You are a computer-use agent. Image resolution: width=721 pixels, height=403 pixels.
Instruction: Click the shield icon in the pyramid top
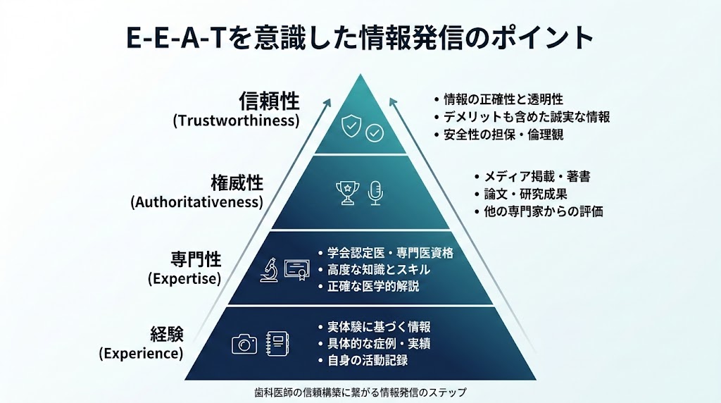[351, 126]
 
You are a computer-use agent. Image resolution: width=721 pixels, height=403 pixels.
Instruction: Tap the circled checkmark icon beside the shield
[375, 133]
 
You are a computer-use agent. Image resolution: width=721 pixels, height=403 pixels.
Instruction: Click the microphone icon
[376, 193]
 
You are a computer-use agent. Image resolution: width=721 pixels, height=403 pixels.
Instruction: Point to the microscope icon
[269, 270]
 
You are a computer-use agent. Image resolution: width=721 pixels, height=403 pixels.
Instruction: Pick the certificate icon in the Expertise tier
[296, 270]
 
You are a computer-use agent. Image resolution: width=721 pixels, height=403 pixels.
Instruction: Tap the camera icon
[244, 344]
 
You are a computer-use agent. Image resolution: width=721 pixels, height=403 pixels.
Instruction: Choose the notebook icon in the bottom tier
[277, 344]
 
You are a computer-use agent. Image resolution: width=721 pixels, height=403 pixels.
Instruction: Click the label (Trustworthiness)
[237, 120]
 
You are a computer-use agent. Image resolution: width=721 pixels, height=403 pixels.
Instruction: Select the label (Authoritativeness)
[197, 202]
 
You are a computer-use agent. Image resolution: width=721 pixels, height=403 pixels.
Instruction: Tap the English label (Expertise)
[184, 278]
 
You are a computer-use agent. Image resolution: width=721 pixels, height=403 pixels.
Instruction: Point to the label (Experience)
[141, 353]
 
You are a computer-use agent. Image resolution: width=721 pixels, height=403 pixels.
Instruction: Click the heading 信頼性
[270, 101]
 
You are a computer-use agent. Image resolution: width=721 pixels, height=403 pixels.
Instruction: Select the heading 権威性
[237, 183]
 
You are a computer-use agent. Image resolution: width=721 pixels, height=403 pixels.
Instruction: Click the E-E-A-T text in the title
[175, 37]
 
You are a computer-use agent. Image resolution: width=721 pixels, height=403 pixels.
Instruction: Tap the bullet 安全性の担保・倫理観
[499, 135]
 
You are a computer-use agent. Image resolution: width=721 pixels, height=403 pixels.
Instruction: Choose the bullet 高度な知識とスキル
[375, 270]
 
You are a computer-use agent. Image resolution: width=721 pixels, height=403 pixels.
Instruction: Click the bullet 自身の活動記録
[363, 360]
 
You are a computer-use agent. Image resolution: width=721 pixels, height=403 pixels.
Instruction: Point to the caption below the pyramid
[360, 392]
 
